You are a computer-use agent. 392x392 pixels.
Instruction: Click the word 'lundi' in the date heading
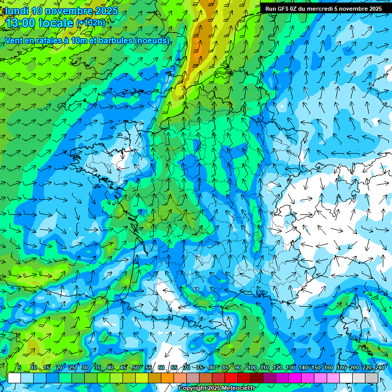16,11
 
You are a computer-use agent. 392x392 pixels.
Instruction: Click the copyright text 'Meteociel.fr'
235,388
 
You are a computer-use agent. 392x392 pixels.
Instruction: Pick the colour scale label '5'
19,367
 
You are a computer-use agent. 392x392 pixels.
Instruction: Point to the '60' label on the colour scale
161,367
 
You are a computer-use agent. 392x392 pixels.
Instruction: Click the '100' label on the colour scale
252,367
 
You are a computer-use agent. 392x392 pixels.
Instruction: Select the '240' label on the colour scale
379,367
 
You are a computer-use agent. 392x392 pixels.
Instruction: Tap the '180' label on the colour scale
341,367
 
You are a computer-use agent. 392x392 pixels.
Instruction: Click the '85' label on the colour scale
225,367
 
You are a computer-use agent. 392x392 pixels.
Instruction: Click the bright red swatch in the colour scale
231,378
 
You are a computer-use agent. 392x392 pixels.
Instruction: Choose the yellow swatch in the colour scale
142,378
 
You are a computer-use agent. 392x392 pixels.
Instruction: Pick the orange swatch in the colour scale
167,378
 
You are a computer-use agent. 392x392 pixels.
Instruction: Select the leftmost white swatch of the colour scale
14,378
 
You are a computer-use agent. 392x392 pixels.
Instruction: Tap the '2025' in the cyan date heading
106,11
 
